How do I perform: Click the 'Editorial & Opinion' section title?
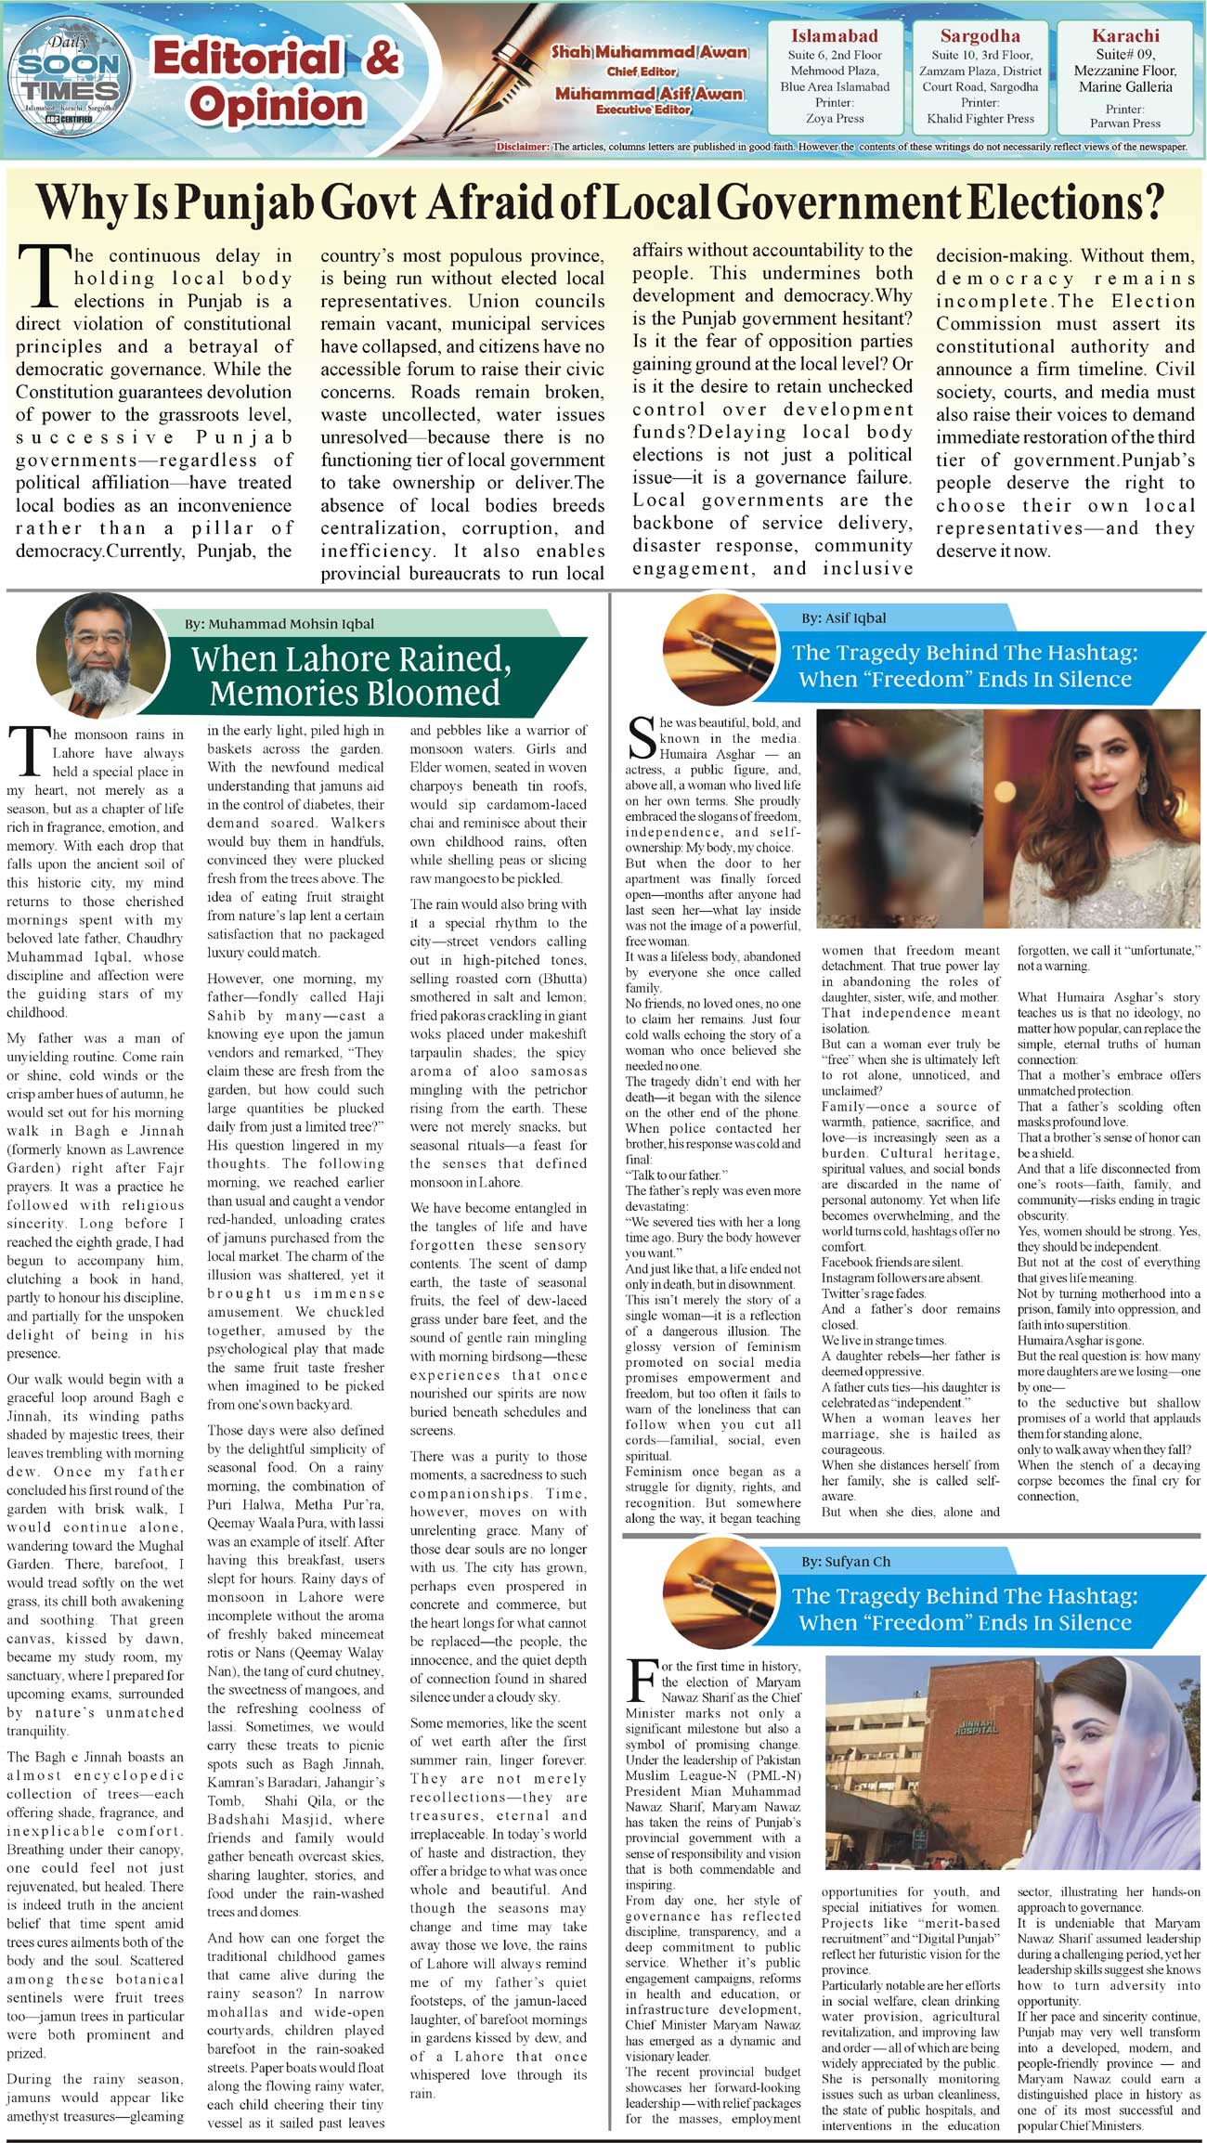tap(276, 83)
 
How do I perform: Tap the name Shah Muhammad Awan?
tap(649, 52)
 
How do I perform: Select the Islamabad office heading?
tap(834, 36)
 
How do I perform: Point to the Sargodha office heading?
tap(980, 36)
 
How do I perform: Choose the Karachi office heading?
tap(1125, 36)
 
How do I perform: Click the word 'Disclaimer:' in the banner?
tap(524, 147)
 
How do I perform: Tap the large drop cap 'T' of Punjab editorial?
tap(43, 276)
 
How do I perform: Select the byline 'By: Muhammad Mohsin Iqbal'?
tap(279, 624)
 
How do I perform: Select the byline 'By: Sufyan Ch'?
tap(846, 1561)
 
